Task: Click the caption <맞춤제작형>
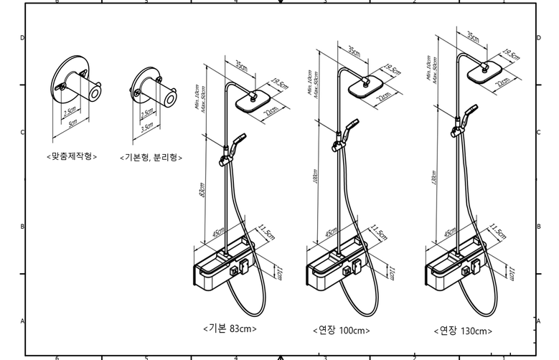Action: point(72,156)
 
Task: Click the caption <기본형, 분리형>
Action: point(151,157)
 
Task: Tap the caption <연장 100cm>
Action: point(341,331)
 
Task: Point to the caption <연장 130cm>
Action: point(463,331)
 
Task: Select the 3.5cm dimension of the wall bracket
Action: point(146,125)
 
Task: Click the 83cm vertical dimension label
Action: point(203,191)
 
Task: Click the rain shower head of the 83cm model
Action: point(255,100)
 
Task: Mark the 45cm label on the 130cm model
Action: point(449,232)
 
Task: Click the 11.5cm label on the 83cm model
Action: point(266,233)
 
